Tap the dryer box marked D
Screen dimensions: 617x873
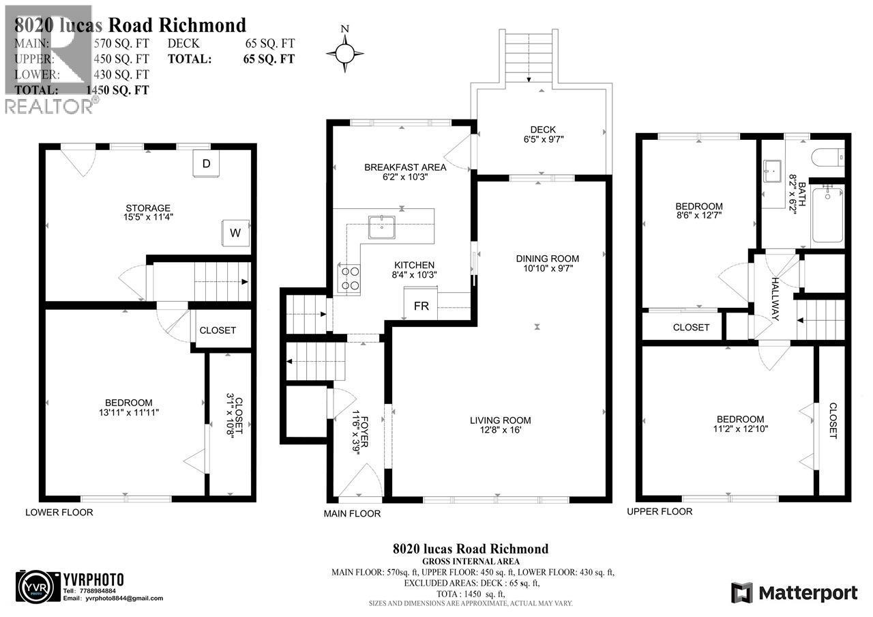207,164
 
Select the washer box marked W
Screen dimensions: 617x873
235,233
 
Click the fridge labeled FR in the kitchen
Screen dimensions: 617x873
421,305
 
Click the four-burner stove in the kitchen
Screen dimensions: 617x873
350,278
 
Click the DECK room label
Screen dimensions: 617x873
543,130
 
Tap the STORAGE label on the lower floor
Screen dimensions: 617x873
147,208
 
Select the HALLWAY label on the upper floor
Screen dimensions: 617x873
776,299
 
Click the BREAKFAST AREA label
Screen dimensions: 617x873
405,167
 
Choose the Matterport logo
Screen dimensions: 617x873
794,592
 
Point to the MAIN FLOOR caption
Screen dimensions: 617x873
352,514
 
